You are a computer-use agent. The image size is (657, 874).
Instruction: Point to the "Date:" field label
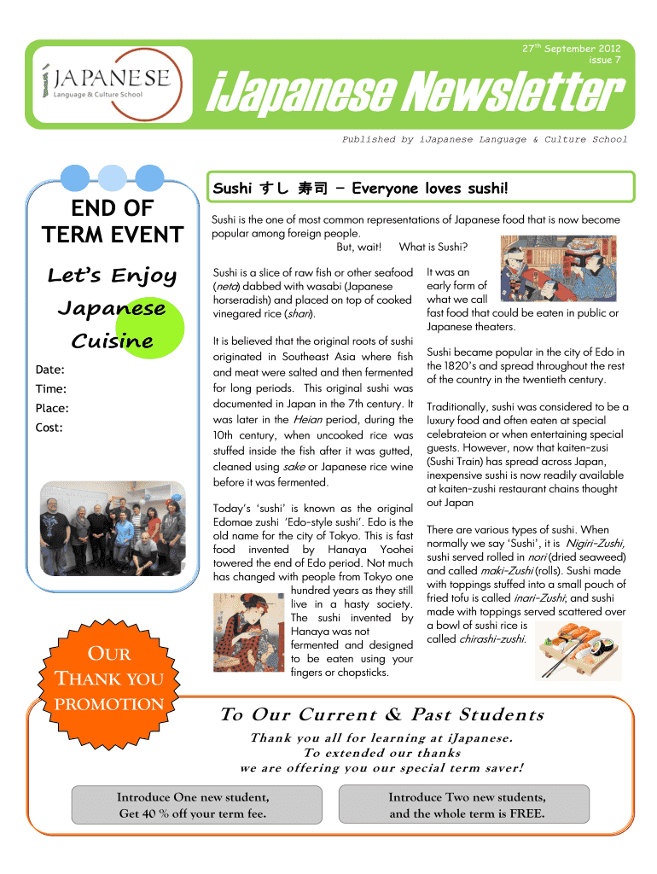50,370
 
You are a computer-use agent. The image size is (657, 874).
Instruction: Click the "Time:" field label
51,389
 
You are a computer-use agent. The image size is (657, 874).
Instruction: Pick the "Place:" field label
53,408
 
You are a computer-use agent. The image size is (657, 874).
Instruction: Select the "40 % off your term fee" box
194,805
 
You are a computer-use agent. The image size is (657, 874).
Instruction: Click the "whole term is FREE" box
466,805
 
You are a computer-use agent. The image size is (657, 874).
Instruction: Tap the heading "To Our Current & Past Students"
381,714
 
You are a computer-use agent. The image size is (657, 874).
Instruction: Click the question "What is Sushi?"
440,248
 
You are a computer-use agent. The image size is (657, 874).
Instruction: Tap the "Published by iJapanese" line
484,139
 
